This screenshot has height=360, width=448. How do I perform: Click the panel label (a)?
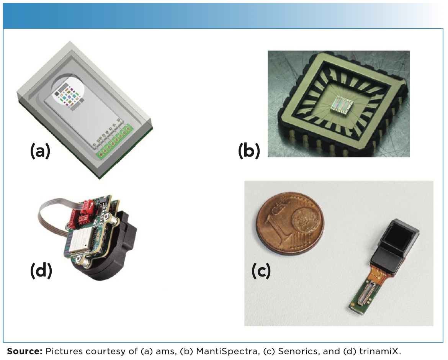[x=40, y=152]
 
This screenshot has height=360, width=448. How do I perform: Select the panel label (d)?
[x=41, y=270]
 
